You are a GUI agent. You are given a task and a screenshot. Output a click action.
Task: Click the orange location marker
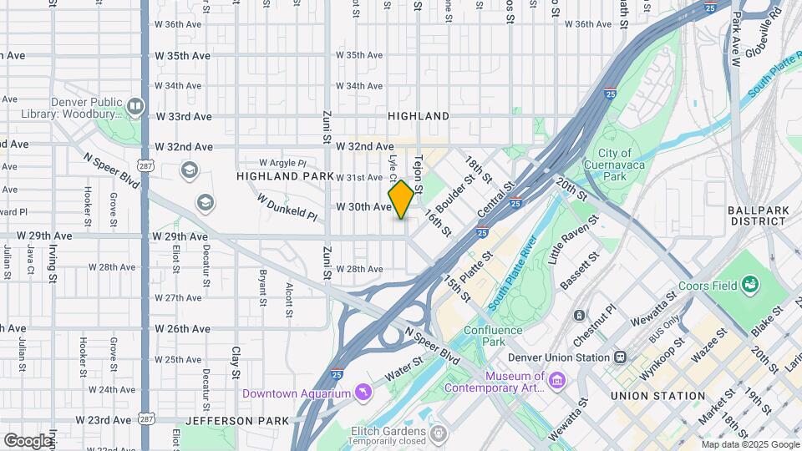click(401, 200)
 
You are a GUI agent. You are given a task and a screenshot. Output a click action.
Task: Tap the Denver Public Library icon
click(135, 107)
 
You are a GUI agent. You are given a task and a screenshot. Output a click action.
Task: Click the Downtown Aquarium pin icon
click(362, 392)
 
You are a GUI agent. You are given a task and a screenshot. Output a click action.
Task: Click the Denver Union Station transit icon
click(620, 357)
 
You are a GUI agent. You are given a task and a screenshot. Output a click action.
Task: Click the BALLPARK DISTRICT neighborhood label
click(757, 215)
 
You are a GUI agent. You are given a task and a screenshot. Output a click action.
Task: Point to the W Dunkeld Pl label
click(287, 209)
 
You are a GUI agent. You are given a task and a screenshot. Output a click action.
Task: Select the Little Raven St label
click(573, 241)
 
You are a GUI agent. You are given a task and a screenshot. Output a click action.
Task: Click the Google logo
click(28, 440)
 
